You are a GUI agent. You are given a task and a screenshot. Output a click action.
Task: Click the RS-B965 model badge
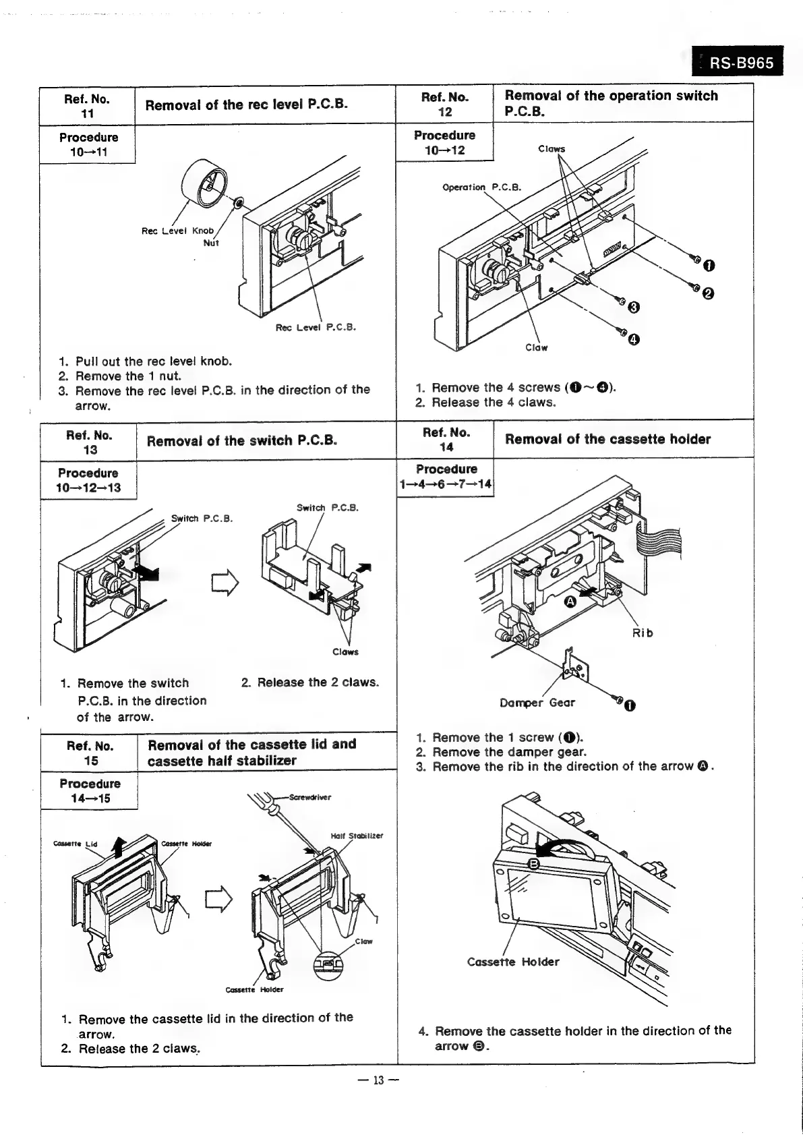point(738,63)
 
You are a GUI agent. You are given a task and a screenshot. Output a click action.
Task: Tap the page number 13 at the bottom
point(378,1080)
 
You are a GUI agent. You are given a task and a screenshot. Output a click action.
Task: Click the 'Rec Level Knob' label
point(177,231)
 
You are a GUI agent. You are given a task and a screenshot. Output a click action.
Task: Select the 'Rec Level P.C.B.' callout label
point(316,328)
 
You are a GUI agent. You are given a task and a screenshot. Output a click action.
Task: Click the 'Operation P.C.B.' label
point(481,187)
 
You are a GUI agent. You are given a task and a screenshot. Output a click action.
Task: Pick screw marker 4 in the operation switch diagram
point(634,339)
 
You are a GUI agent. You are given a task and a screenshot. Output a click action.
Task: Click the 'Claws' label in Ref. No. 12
point(552,149)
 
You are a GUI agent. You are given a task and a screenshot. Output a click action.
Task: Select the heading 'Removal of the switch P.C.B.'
point(241,441)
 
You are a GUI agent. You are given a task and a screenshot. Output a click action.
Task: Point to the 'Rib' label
point(642,633)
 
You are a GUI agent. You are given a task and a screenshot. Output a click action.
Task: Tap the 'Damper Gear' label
point(537,703)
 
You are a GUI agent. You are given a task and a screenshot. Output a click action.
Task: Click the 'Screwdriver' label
point(310,797)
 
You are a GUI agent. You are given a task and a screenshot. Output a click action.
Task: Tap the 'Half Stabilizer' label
point(357,836)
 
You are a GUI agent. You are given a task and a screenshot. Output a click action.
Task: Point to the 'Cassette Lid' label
point(76,844)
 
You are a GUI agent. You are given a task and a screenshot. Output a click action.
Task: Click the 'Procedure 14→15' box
point(90,791)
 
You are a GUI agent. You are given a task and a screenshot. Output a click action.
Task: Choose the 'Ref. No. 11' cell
point(87,106)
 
